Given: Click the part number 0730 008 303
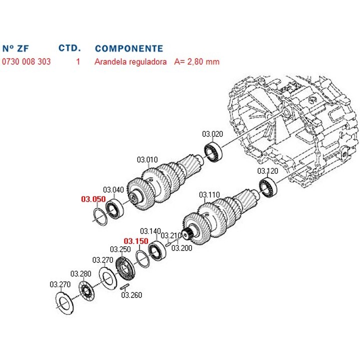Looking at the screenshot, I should [26, 62].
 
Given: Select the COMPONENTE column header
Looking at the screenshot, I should [128, 48].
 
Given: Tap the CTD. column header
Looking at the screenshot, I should [69, 48].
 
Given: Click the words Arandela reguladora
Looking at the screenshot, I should [130, 62].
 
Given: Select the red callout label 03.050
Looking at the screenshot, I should [93, 199].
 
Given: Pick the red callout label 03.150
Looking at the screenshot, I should [136, 241].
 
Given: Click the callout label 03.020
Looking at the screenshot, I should [212, 133].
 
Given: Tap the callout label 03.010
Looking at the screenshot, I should [147, 160].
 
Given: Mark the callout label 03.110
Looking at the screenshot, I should [209, 194].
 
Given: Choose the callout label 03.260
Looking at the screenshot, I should [131, 295].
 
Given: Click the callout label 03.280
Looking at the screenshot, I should [80, 273].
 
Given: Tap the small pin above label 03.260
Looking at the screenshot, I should [125, 286].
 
